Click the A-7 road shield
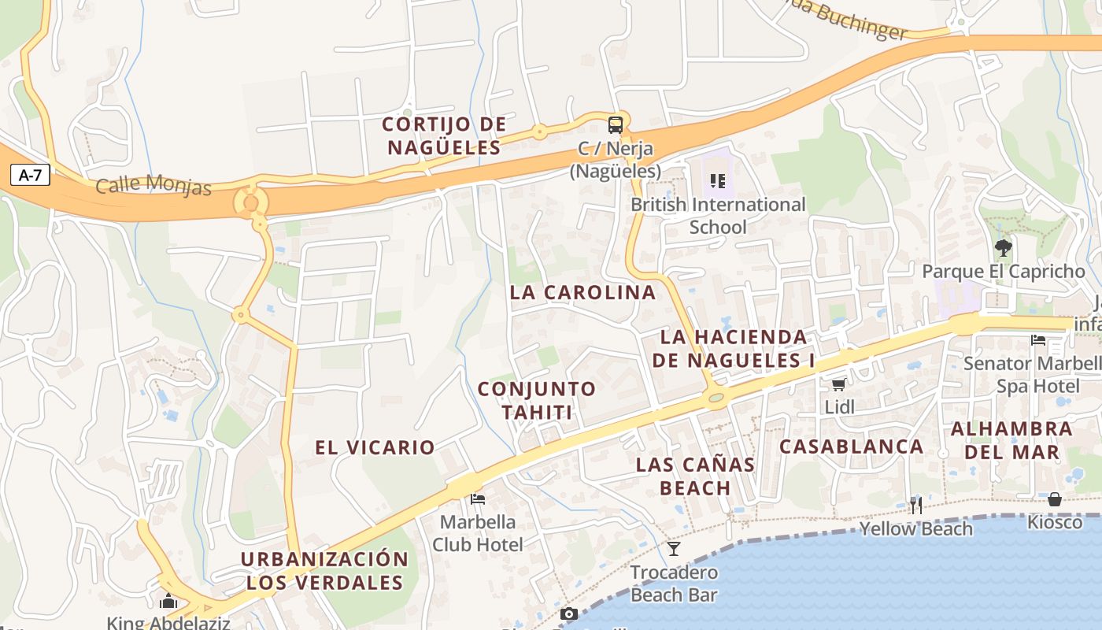pos(30,175)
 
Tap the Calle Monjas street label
pos(153,187)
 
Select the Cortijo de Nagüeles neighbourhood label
pos(444,135)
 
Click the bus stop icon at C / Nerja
pos(615,125)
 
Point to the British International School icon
pos(717,181)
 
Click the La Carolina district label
pos(582,292)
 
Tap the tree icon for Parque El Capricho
pos(1003,249)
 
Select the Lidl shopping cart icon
pos(839,384)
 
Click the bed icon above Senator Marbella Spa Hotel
pos(1038,340)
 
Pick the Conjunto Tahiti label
pos(537,400)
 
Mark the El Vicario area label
pos(375,447)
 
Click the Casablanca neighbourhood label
pos(851,447)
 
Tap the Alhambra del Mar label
pos(1011,440)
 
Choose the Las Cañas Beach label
pos(695,476)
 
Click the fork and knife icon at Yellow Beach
pos(915,505)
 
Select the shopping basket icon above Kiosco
pos(1055,499)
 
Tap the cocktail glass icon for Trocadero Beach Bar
pos(674,548)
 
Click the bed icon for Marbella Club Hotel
pos(477,498)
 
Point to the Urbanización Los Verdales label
pos(324,571)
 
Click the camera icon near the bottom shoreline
pos(569,614)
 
